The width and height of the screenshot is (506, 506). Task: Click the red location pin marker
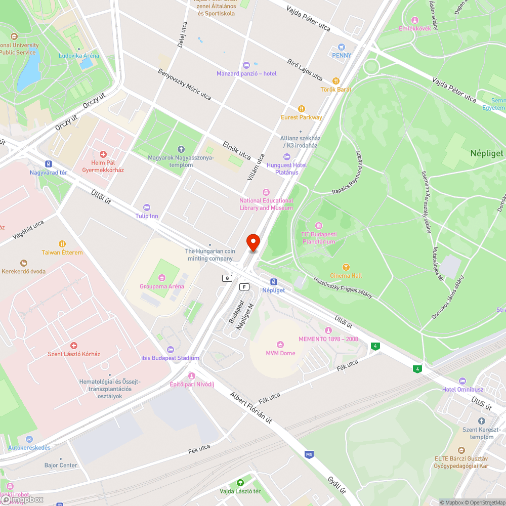252,242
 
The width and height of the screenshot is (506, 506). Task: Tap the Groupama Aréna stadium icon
162,277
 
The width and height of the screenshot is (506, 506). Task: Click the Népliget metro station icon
273,281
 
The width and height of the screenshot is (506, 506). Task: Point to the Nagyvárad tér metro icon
49,164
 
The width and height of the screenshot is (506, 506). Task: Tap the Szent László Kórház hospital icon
74,345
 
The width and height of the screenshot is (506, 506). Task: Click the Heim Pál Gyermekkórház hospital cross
103,154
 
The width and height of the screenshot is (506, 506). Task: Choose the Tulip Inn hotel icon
147,207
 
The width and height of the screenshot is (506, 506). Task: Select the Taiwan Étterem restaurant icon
62,244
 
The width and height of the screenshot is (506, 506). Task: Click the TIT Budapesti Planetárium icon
318,226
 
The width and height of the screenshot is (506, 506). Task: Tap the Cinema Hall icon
346,267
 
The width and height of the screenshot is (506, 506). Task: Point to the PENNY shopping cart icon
342,47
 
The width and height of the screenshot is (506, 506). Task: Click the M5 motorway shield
309,455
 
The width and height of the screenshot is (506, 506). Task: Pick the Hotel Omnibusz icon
462,381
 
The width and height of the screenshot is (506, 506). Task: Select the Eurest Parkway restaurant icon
302,108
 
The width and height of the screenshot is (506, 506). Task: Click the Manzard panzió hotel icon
246,65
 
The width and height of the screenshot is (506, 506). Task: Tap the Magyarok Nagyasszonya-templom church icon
181,149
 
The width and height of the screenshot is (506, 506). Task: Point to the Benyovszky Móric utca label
184,84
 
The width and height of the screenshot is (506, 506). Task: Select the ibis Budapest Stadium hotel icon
170,349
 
